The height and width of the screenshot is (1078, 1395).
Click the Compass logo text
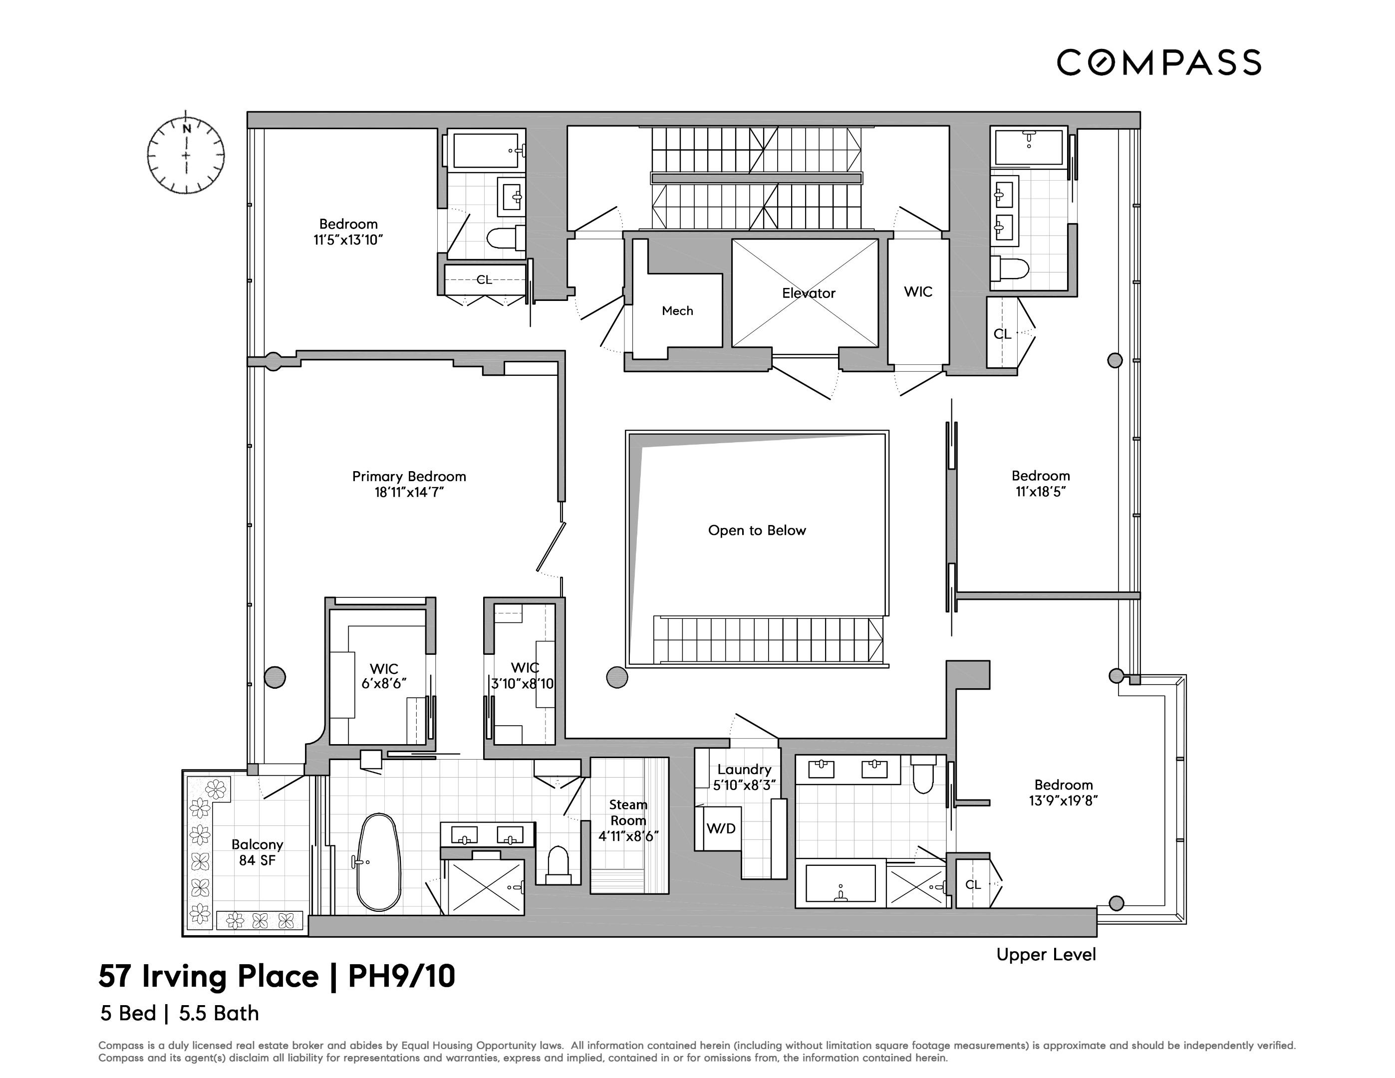(x=1158, y=62)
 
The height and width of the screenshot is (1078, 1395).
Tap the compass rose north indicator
(x=187, y=128)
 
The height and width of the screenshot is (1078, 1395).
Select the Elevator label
(x=808, y=293)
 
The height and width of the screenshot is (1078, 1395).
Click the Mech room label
(x=677, y=311)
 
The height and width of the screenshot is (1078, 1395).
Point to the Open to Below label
(x=757, y=530)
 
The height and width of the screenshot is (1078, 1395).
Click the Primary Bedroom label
(x=409, y=477)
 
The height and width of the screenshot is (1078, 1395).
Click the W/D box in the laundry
(x=721, y=828)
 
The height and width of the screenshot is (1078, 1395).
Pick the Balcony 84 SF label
(x=257, y=852)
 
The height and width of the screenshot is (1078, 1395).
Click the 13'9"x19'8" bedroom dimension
(x=1064, y=801)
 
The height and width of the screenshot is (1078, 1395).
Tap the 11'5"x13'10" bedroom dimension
(x=348, y=240)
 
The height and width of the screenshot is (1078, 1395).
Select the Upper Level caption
(x=1046, y=954)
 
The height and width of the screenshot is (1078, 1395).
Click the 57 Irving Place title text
(x=208, y=977)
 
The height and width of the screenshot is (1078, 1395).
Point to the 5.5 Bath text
(x=219, y=1014)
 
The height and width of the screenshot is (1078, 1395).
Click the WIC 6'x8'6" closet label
(x=383, y=676)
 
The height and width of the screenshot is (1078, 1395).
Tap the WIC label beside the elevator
(x=918, y=292)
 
